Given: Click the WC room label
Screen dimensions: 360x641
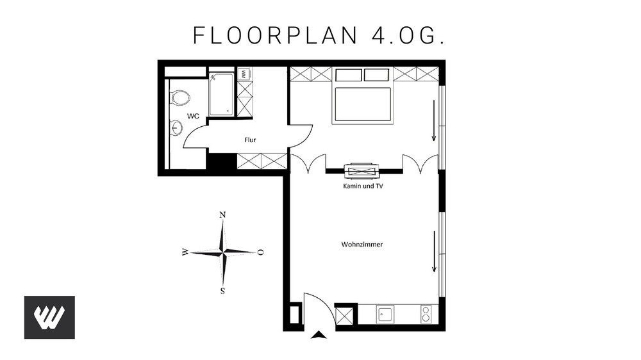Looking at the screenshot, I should [192, 116].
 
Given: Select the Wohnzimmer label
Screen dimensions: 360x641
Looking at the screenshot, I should [362, 244].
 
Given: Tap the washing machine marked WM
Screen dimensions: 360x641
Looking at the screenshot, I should [244, 74].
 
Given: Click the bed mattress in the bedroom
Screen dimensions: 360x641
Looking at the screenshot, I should [362, 104].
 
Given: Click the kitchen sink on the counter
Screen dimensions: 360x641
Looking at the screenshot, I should [387, 314].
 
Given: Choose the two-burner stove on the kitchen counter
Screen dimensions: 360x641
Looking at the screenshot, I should [426, 313].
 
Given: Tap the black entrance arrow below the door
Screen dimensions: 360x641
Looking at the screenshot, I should [319, 334].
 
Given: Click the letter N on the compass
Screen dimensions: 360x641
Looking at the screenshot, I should [222, 215].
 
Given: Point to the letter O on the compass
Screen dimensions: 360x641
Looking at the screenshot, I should [261, 252].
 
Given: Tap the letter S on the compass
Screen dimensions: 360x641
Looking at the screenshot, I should [222, 291].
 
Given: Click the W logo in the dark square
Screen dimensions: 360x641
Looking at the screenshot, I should [49, 317].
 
